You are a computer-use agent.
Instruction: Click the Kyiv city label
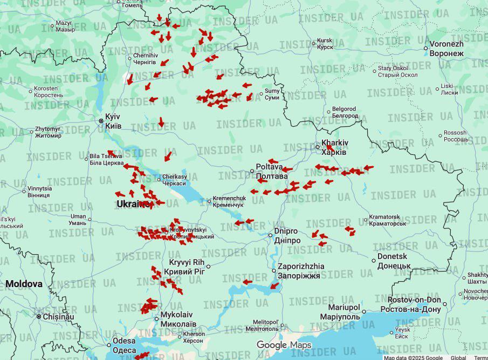113,121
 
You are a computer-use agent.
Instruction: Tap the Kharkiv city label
335,147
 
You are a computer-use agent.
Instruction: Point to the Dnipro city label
286,235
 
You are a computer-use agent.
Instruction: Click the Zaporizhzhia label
301,270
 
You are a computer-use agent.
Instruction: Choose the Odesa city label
125,345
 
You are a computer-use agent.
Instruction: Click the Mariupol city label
340,311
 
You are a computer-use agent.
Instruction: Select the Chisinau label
58,316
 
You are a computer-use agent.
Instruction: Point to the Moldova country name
24,283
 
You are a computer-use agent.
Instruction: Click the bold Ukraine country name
133,204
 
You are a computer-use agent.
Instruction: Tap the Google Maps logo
284,345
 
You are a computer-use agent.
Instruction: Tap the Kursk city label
325,44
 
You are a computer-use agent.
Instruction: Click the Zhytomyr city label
48,132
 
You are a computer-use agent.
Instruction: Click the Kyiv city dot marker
101,121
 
